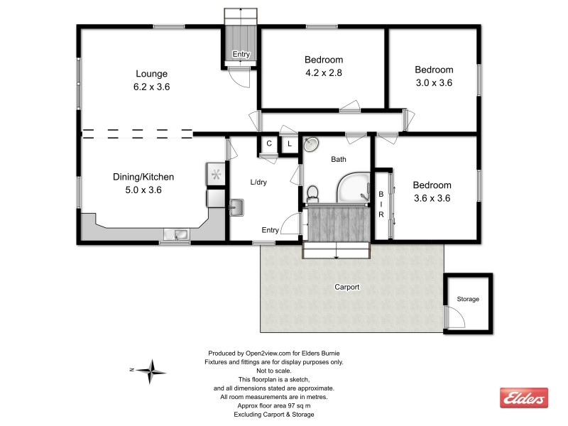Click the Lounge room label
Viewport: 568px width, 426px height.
152,73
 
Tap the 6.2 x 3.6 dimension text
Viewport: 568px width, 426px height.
152,87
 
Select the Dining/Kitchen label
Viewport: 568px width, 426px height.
143,177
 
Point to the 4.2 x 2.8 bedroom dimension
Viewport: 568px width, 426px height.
324,72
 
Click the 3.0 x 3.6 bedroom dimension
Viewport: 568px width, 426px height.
434,82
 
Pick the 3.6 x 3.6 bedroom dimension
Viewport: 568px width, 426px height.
432,198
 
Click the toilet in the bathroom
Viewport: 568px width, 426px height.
312,192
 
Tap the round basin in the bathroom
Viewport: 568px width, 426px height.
312,145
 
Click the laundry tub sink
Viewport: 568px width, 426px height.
237,207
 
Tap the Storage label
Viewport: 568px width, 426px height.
468,300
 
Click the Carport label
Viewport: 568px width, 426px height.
347,288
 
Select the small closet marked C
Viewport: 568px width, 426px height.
269,143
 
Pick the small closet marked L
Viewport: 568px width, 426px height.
290,143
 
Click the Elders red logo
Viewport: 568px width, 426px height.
524,398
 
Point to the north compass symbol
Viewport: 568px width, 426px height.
151,370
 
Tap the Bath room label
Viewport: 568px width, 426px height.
339,160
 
